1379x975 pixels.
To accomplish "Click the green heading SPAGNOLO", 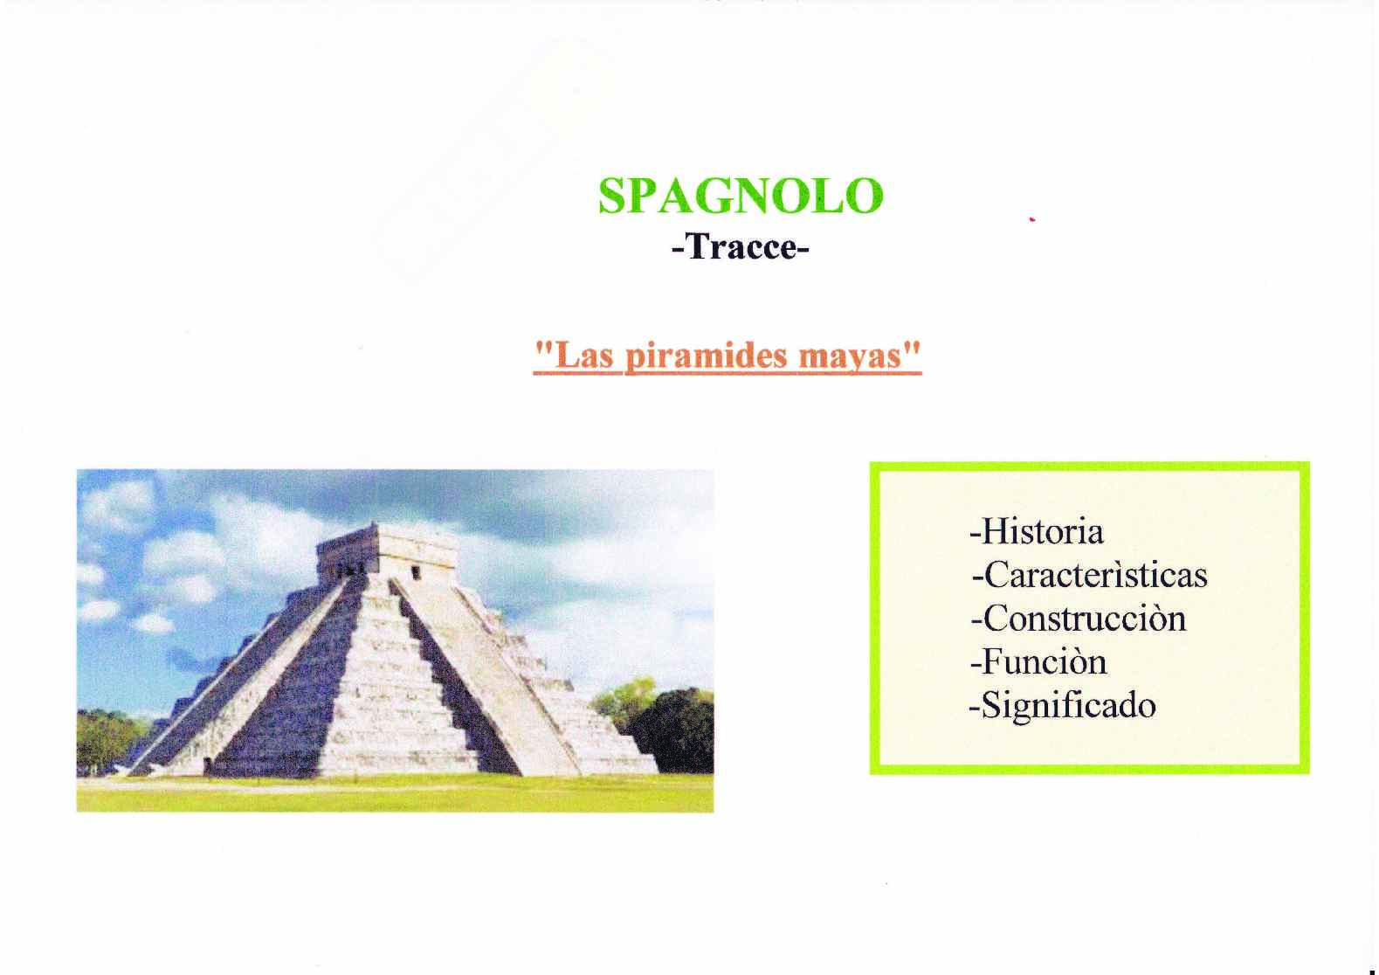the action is [741, 196].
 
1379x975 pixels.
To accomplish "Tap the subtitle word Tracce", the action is [741, 247].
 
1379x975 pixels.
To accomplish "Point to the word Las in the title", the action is [584, 356].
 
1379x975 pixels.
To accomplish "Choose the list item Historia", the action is [1042, 531].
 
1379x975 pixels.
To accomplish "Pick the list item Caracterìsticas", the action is [1095, 575].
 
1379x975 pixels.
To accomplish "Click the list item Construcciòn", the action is [1084, 619].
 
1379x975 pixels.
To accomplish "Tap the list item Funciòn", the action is [1045, 662].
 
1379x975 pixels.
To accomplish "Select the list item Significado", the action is [1068, 707].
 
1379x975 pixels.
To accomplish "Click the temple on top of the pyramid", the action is [388, 550].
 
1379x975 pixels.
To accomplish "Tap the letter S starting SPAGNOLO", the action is [612, 197].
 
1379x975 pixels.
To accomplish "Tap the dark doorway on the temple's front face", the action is [417, 572].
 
